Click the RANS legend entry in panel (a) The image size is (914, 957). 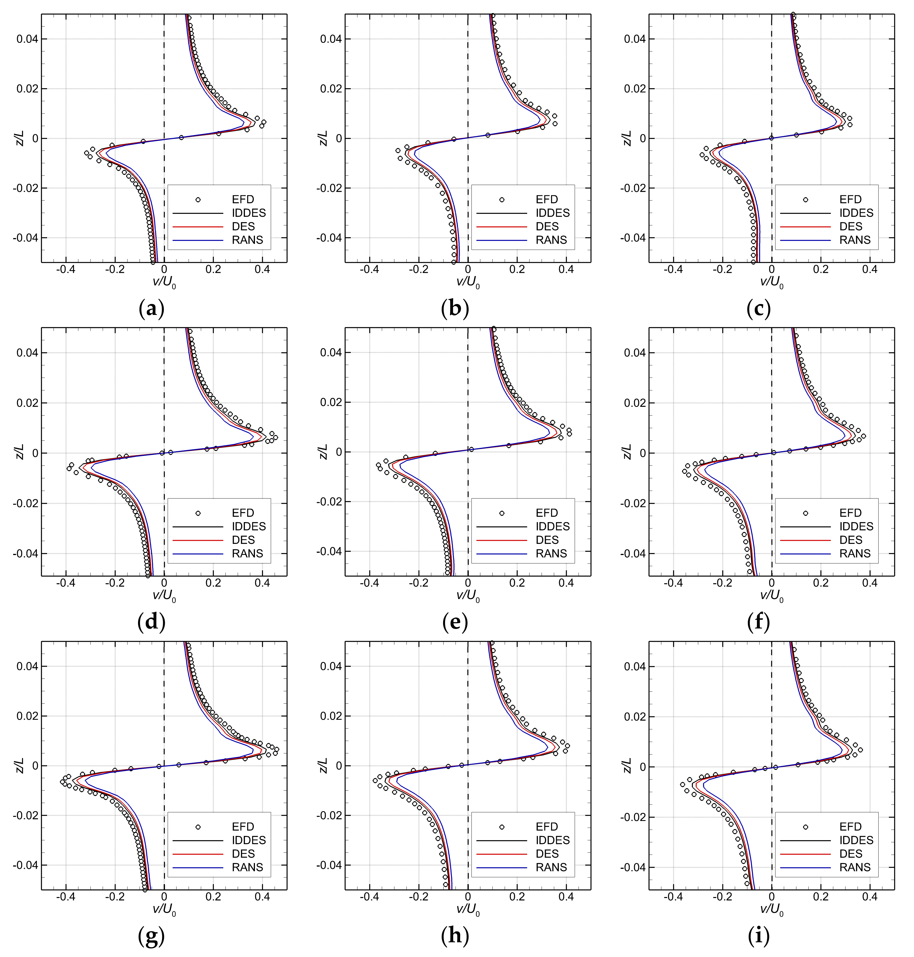tap(247, 240)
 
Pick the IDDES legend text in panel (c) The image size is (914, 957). tap(856, 213)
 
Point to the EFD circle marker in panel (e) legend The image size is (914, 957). tap(502, 513)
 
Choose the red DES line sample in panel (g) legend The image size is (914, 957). tap(198, 854)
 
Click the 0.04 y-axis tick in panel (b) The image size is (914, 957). tap(331, 39)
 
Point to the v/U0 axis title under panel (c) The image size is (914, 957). tap(772, 282)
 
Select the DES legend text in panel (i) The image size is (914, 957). tap(851, 854)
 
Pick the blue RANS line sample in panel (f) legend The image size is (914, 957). tap(805, 554)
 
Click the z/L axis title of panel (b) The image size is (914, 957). tap(323, 138)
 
